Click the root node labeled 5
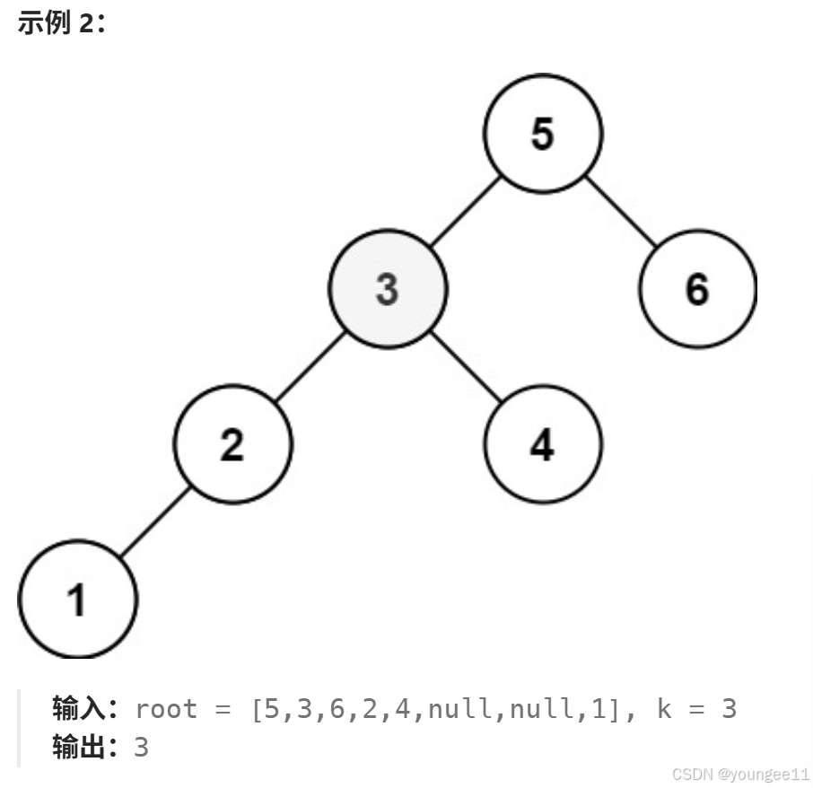pyautogui.click(x=543, y=134)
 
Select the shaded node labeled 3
pyautogui.click(x=388, y=289)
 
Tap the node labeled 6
pyautogui.click(x=697, y=289)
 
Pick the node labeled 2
pyautogui.click(x=232, y=444)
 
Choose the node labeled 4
pyautogui.click(x=543, y=444)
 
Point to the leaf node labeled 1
pyautogui.click(x=77, y=600)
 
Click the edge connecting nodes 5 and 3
pyautogui.click(x=465, y=212)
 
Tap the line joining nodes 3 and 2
pyautogui.click(x=310, y=367)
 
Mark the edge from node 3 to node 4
pyautogui.click(x=465, y=367)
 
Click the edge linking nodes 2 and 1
pyautogui.click(x=154, y=522)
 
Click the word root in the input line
pyautogui.click(x=166, y=709)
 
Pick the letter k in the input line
pyautogui.click(x=664, y=709)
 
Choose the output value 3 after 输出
pyautogui.click(x=141, y=747)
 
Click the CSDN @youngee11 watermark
pyautogui.click(x=740, y=774)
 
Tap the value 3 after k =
pyautogui.click(x=729, y=709)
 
